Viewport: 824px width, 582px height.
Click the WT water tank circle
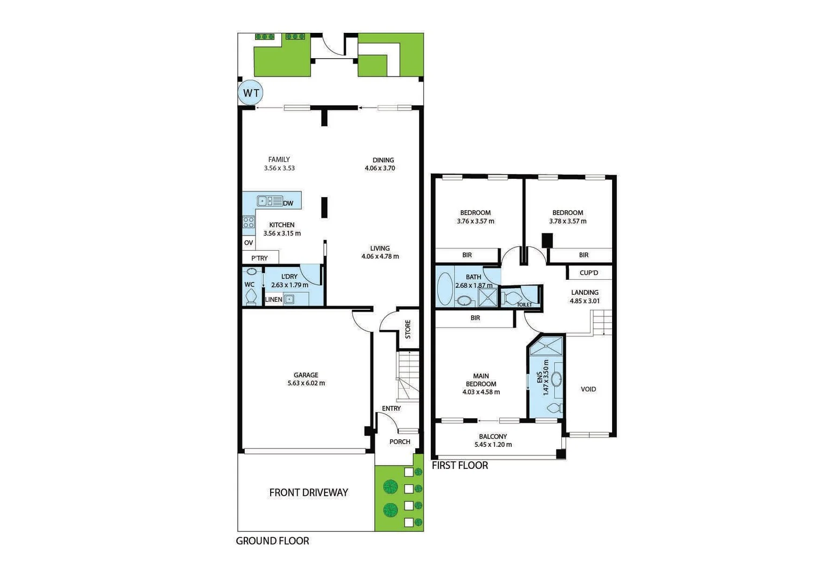pyautogui.click(x=251, y=93)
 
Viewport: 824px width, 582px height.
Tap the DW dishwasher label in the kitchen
pyautogui.click(x=288, y=203)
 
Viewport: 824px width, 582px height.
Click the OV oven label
pyautogui.click(x=249, y=243)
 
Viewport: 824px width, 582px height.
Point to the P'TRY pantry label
pyautogui.click(x=259, y=258)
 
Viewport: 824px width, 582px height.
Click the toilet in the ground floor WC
pyautogui.click(x=251, y=296)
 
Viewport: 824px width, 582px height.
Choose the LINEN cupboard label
pyautogui.click(x=273, y=300)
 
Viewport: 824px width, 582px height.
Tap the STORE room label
pyautogui.click(x=408, y=329)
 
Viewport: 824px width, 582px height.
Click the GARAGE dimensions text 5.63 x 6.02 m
pyautogui.click(x=306, y=384)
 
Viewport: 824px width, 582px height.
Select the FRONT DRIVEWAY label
pyautogui.click(x=308, y=493)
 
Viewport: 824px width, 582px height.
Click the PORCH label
pyautogui.click(x=400, y=442)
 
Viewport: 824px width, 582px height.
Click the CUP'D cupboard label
pyautogui.click(x=589, y=273)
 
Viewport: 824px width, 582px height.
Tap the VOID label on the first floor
pyautogui.click(x=588, y=389)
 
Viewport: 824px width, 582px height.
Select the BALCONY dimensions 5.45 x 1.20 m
pyautogui.click(x=493, y=445)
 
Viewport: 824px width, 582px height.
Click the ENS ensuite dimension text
pyautogui.click(x=546, y=378)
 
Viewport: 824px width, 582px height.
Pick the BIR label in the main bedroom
pyautogui.click(x=475, y=318)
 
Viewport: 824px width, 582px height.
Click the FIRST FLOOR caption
pyautogui.click(x=460, y=466)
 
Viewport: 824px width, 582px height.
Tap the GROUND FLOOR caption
pyautogui.click(x=272, y=541)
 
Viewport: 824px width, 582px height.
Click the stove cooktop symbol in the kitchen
pyautogui.click(x=248, y=222)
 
